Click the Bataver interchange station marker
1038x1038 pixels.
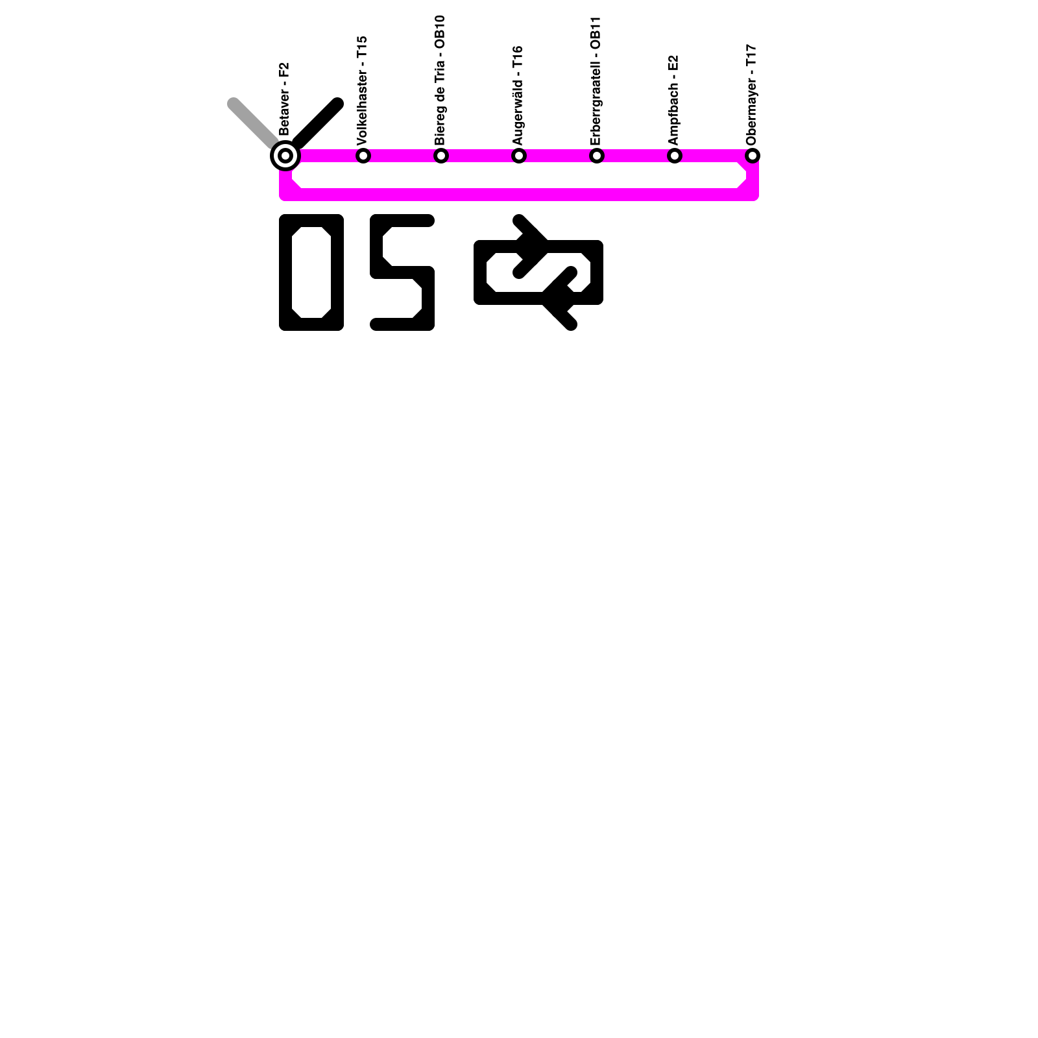coord(285,156)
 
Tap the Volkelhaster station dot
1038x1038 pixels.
coord(363,156)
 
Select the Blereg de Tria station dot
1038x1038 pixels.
coord(441,156)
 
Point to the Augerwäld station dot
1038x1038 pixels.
coord(519,156)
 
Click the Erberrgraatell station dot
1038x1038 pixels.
coord(597,156)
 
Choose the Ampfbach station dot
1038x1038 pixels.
coord(675,156)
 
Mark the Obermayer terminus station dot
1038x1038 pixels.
coord(753,156)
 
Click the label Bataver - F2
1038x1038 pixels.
coord(284,99)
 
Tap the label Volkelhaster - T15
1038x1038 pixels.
coord(362,90)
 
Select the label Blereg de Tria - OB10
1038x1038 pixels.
coord(440,80)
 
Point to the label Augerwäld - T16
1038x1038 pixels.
coord(518,95)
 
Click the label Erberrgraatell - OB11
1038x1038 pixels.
coord(596,81)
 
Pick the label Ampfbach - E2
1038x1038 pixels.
coord(673,100)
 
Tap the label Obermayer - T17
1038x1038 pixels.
coord(751,95)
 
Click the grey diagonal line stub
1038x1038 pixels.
coord(253,123)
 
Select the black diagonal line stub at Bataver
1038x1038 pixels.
coord(318,123)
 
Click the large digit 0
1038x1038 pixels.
coord(311,272)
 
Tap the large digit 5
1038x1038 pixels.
coord(402,272)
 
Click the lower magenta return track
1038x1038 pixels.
coord(519,194)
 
